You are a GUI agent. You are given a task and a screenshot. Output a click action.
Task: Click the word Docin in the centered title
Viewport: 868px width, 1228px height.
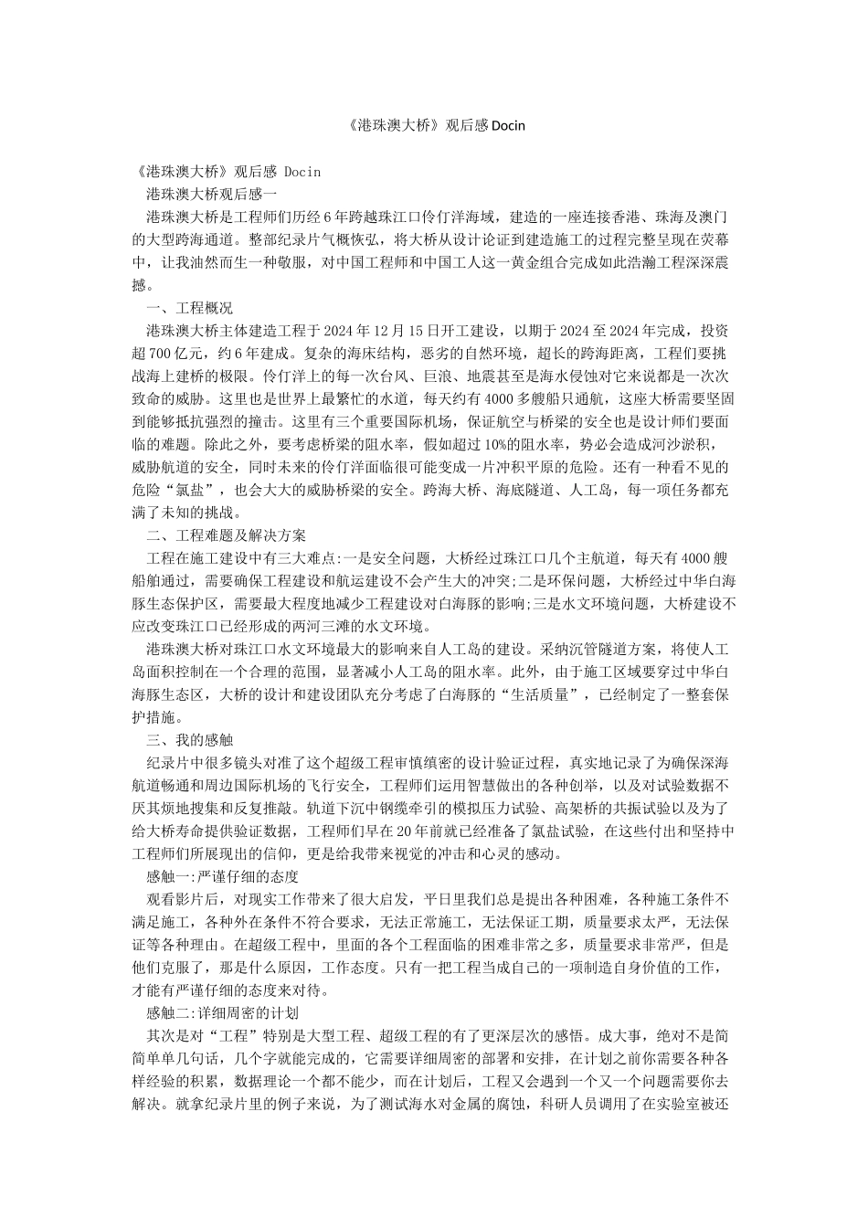pyautogui.click(x=507, y=125)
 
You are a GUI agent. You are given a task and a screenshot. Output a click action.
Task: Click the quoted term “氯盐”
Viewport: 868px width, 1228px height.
pyautogui.click(x=198, y=490)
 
